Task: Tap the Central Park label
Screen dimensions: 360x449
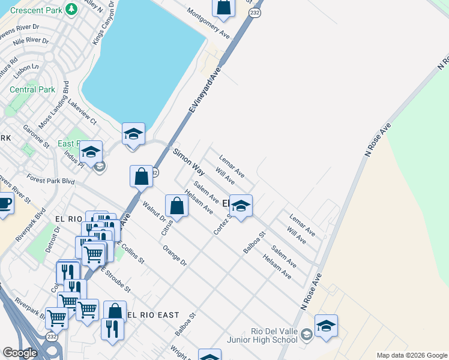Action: coord(32,90)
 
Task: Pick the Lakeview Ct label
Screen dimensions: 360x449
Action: coord(82,113)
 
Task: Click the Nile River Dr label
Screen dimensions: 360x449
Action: coord(30,41)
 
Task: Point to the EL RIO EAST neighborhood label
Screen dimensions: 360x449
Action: coord(153,315)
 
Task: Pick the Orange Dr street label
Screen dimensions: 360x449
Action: coord(175,256)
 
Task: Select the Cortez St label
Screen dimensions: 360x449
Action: coord(221,223)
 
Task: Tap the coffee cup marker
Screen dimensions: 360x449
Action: coord(4,204)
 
